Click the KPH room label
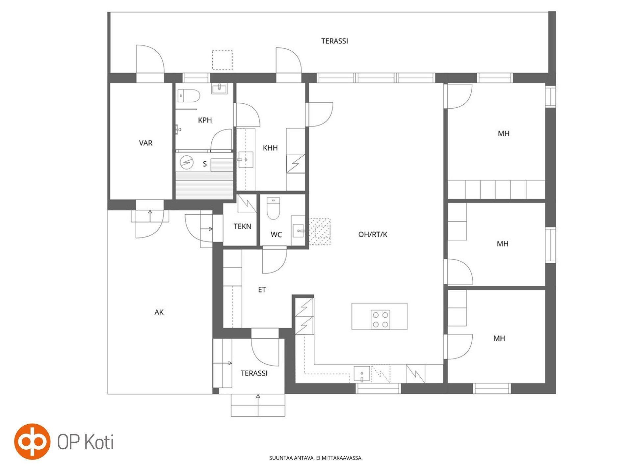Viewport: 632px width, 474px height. (x=205, y=120)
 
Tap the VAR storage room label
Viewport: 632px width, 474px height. (x=145, y=143)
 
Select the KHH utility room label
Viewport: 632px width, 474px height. (x=270, y=148)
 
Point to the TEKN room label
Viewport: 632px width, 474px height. (x=242, y=226)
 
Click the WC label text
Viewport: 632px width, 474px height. (x=276, y=235)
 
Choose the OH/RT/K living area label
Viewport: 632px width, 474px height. (x=373, y=234)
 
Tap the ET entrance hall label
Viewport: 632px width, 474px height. (x=262, y=290)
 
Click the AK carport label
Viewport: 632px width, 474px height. (x=159, y=312)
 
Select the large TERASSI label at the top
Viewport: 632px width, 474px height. (x=334, y=41)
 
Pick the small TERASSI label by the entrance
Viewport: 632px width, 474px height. (x=254, y=373)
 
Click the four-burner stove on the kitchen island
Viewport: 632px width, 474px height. (x=381, y=319)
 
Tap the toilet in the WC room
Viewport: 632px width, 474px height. (x=273, y=208)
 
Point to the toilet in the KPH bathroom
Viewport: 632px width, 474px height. (x=189, y=96)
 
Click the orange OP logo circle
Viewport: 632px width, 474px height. (x=32, y=441)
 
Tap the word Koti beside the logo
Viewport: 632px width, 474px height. (x=99, y=442)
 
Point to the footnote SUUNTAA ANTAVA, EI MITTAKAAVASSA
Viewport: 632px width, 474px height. (x=316, y=458)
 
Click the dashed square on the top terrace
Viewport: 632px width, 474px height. (x=222, y=60)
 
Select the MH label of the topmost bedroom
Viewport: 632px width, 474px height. (x=504, y=133)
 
